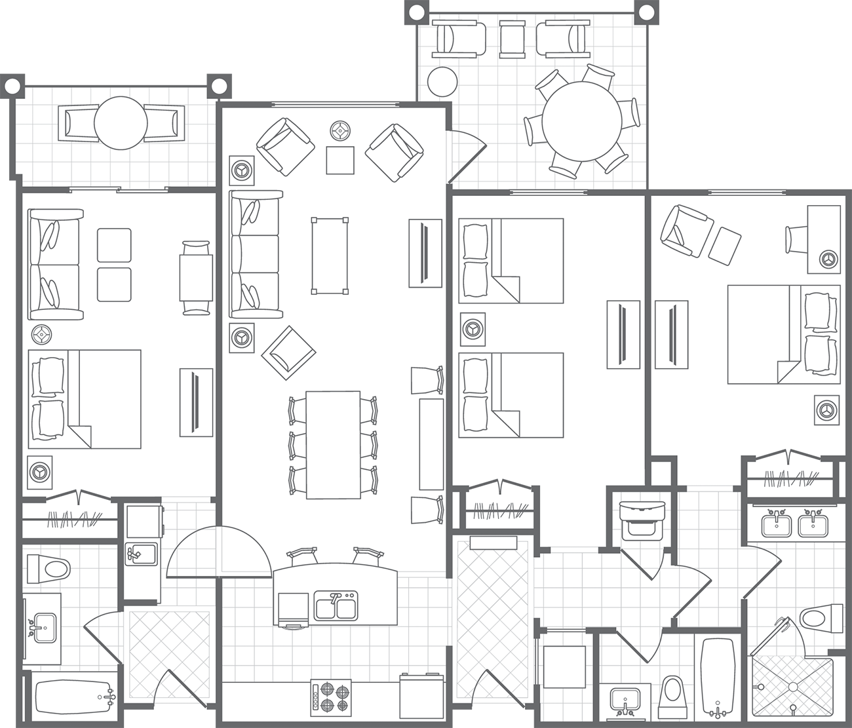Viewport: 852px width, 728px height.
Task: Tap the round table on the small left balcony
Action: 121,123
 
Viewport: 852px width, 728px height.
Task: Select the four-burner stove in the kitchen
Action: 330,696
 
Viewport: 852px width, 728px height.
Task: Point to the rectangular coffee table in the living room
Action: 329,256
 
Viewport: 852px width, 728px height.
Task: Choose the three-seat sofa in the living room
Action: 255,256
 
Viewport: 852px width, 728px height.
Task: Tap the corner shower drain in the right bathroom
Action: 792,686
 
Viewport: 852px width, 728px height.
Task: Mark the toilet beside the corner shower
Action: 822,618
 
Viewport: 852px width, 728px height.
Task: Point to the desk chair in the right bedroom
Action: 797,239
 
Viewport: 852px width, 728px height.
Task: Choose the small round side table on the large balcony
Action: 442,81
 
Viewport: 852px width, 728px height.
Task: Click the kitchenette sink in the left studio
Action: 141,554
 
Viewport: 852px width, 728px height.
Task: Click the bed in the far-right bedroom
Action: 783,334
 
